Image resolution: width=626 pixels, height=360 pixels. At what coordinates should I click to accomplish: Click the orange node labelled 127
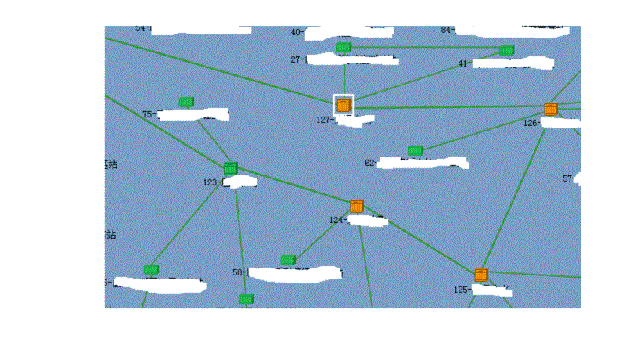(x=344, y=104)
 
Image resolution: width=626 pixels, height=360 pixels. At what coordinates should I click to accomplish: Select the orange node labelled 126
(x=551, y=109)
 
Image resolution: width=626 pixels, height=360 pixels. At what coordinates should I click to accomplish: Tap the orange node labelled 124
(x=357, y=206)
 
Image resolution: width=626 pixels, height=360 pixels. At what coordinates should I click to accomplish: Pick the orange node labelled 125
(x=481, y=275)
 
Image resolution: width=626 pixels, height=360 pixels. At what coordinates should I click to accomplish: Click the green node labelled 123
(x=230, y=168)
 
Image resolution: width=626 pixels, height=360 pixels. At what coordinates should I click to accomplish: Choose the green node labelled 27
(x=343, y=48)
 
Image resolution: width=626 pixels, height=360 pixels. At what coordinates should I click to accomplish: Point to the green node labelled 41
(x=506, y=50)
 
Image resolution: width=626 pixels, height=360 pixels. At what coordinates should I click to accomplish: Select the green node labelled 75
(x=186, y=102)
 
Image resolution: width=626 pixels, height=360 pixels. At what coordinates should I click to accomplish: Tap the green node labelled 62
(x=416, y=149)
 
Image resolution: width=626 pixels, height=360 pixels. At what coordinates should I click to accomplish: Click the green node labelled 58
(x=288, y=260)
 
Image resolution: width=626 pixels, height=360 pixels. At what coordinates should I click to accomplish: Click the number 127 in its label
(x=324, y=120)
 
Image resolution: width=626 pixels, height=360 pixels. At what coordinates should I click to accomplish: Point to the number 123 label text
(x=210, y=182)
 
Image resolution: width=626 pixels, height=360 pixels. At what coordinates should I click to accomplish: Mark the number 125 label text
(x=461, y=290)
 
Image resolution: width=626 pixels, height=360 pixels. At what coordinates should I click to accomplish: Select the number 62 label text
(x=370, y=163)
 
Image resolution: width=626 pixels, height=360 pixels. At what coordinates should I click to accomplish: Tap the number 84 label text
(x=447, y=31)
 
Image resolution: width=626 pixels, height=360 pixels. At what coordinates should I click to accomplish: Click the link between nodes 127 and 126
(x=446, y=106)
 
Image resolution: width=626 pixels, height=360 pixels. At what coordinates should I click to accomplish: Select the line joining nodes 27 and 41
(x=425, y=49)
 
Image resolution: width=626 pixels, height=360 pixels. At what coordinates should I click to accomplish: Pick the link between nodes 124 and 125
(x=419, y=240)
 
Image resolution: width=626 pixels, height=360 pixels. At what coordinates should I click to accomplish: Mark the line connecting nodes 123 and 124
(x=293, y=187)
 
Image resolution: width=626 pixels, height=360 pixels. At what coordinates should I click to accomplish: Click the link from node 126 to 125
(x=516, y=192)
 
